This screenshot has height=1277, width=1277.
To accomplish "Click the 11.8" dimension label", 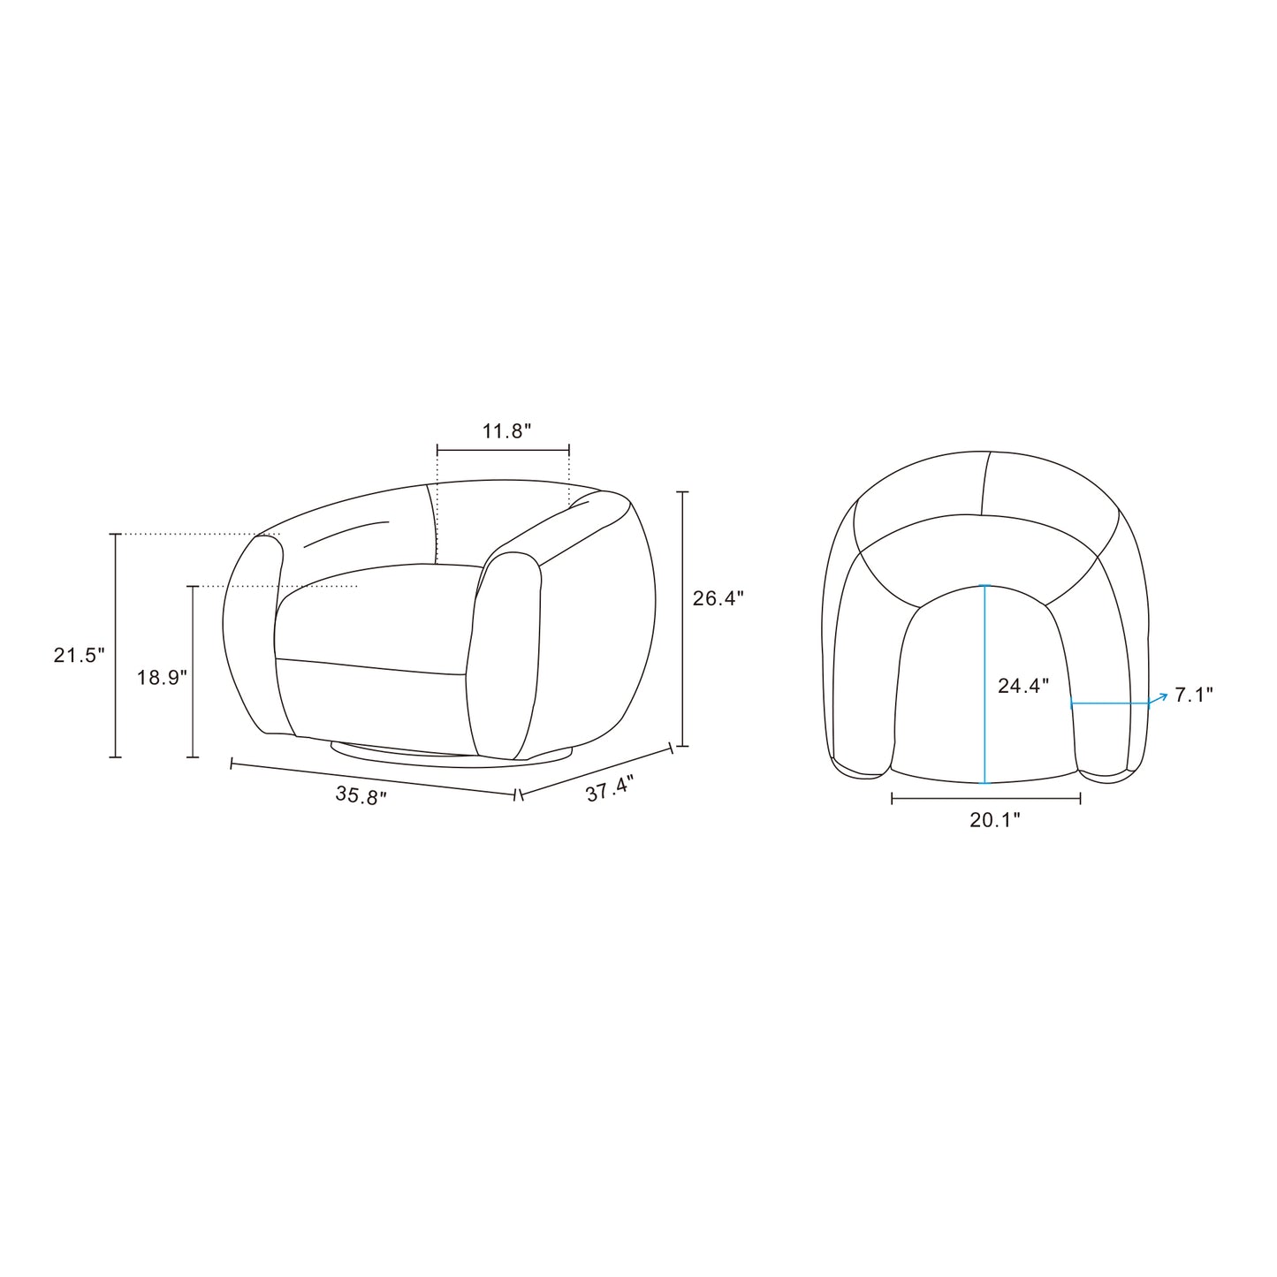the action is click(506, 431).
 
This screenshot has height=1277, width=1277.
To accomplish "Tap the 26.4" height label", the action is click(718, 598).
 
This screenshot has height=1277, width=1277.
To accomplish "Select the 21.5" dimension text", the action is click(80, 656).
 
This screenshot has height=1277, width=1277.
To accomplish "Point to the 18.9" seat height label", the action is click(163, 677).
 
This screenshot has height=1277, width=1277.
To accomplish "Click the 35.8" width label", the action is click(361, 795).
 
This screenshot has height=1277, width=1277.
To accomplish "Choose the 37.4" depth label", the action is click(611, 790).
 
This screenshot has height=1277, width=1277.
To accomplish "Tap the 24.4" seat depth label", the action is click(1024, 686).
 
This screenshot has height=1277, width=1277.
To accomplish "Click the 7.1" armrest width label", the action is click(1194, 696).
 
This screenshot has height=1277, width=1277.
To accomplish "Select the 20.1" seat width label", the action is click(995, 820).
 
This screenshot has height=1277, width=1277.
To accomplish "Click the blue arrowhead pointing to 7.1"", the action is click(1162, 696).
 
